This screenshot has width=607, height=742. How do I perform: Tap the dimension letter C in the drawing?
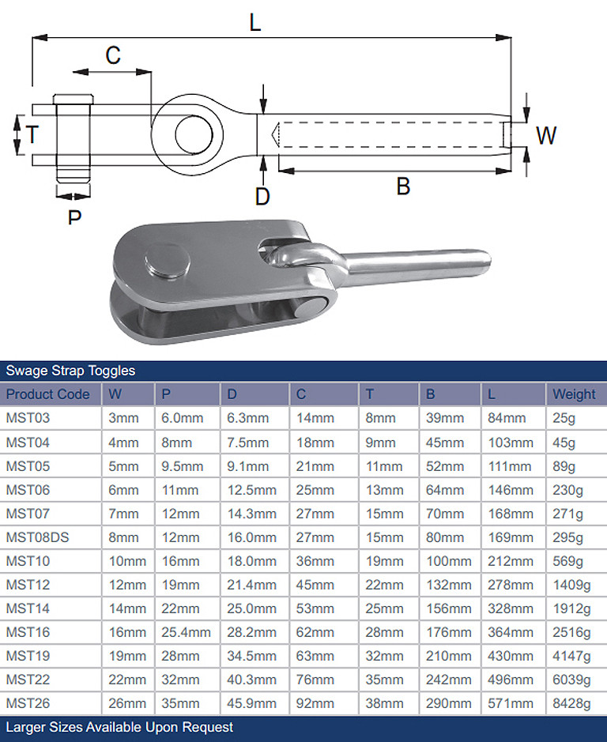(x=113, y=55)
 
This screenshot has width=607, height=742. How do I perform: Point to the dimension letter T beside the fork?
(x=32, y=134)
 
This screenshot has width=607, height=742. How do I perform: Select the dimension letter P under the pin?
(x=74, y=216)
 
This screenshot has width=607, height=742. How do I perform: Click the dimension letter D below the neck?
(x=263, y=195)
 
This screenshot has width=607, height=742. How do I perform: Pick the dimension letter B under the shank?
(x=403, y=187)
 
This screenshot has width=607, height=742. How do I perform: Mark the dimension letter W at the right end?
(x=546, y=135)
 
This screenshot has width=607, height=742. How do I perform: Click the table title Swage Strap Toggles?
(x=70, y=371)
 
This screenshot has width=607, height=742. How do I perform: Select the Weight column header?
(x=574, y=394)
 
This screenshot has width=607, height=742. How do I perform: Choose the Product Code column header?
(x=48, y=394)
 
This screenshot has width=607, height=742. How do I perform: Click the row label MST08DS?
(x=37, y=537)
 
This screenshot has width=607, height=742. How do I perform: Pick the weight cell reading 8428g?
(x=571, y=703)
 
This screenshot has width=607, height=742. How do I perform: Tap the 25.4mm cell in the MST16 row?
(x=186, y=632)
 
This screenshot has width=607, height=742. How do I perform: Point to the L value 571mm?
(x=508, y=703)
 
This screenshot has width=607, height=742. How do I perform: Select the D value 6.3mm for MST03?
(x=247, y=418)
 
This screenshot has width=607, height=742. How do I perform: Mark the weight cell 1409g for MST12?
(x=571, y=585)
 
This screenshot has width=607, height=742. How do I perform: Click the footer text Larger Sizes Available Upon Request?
(x=119, y=727)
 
